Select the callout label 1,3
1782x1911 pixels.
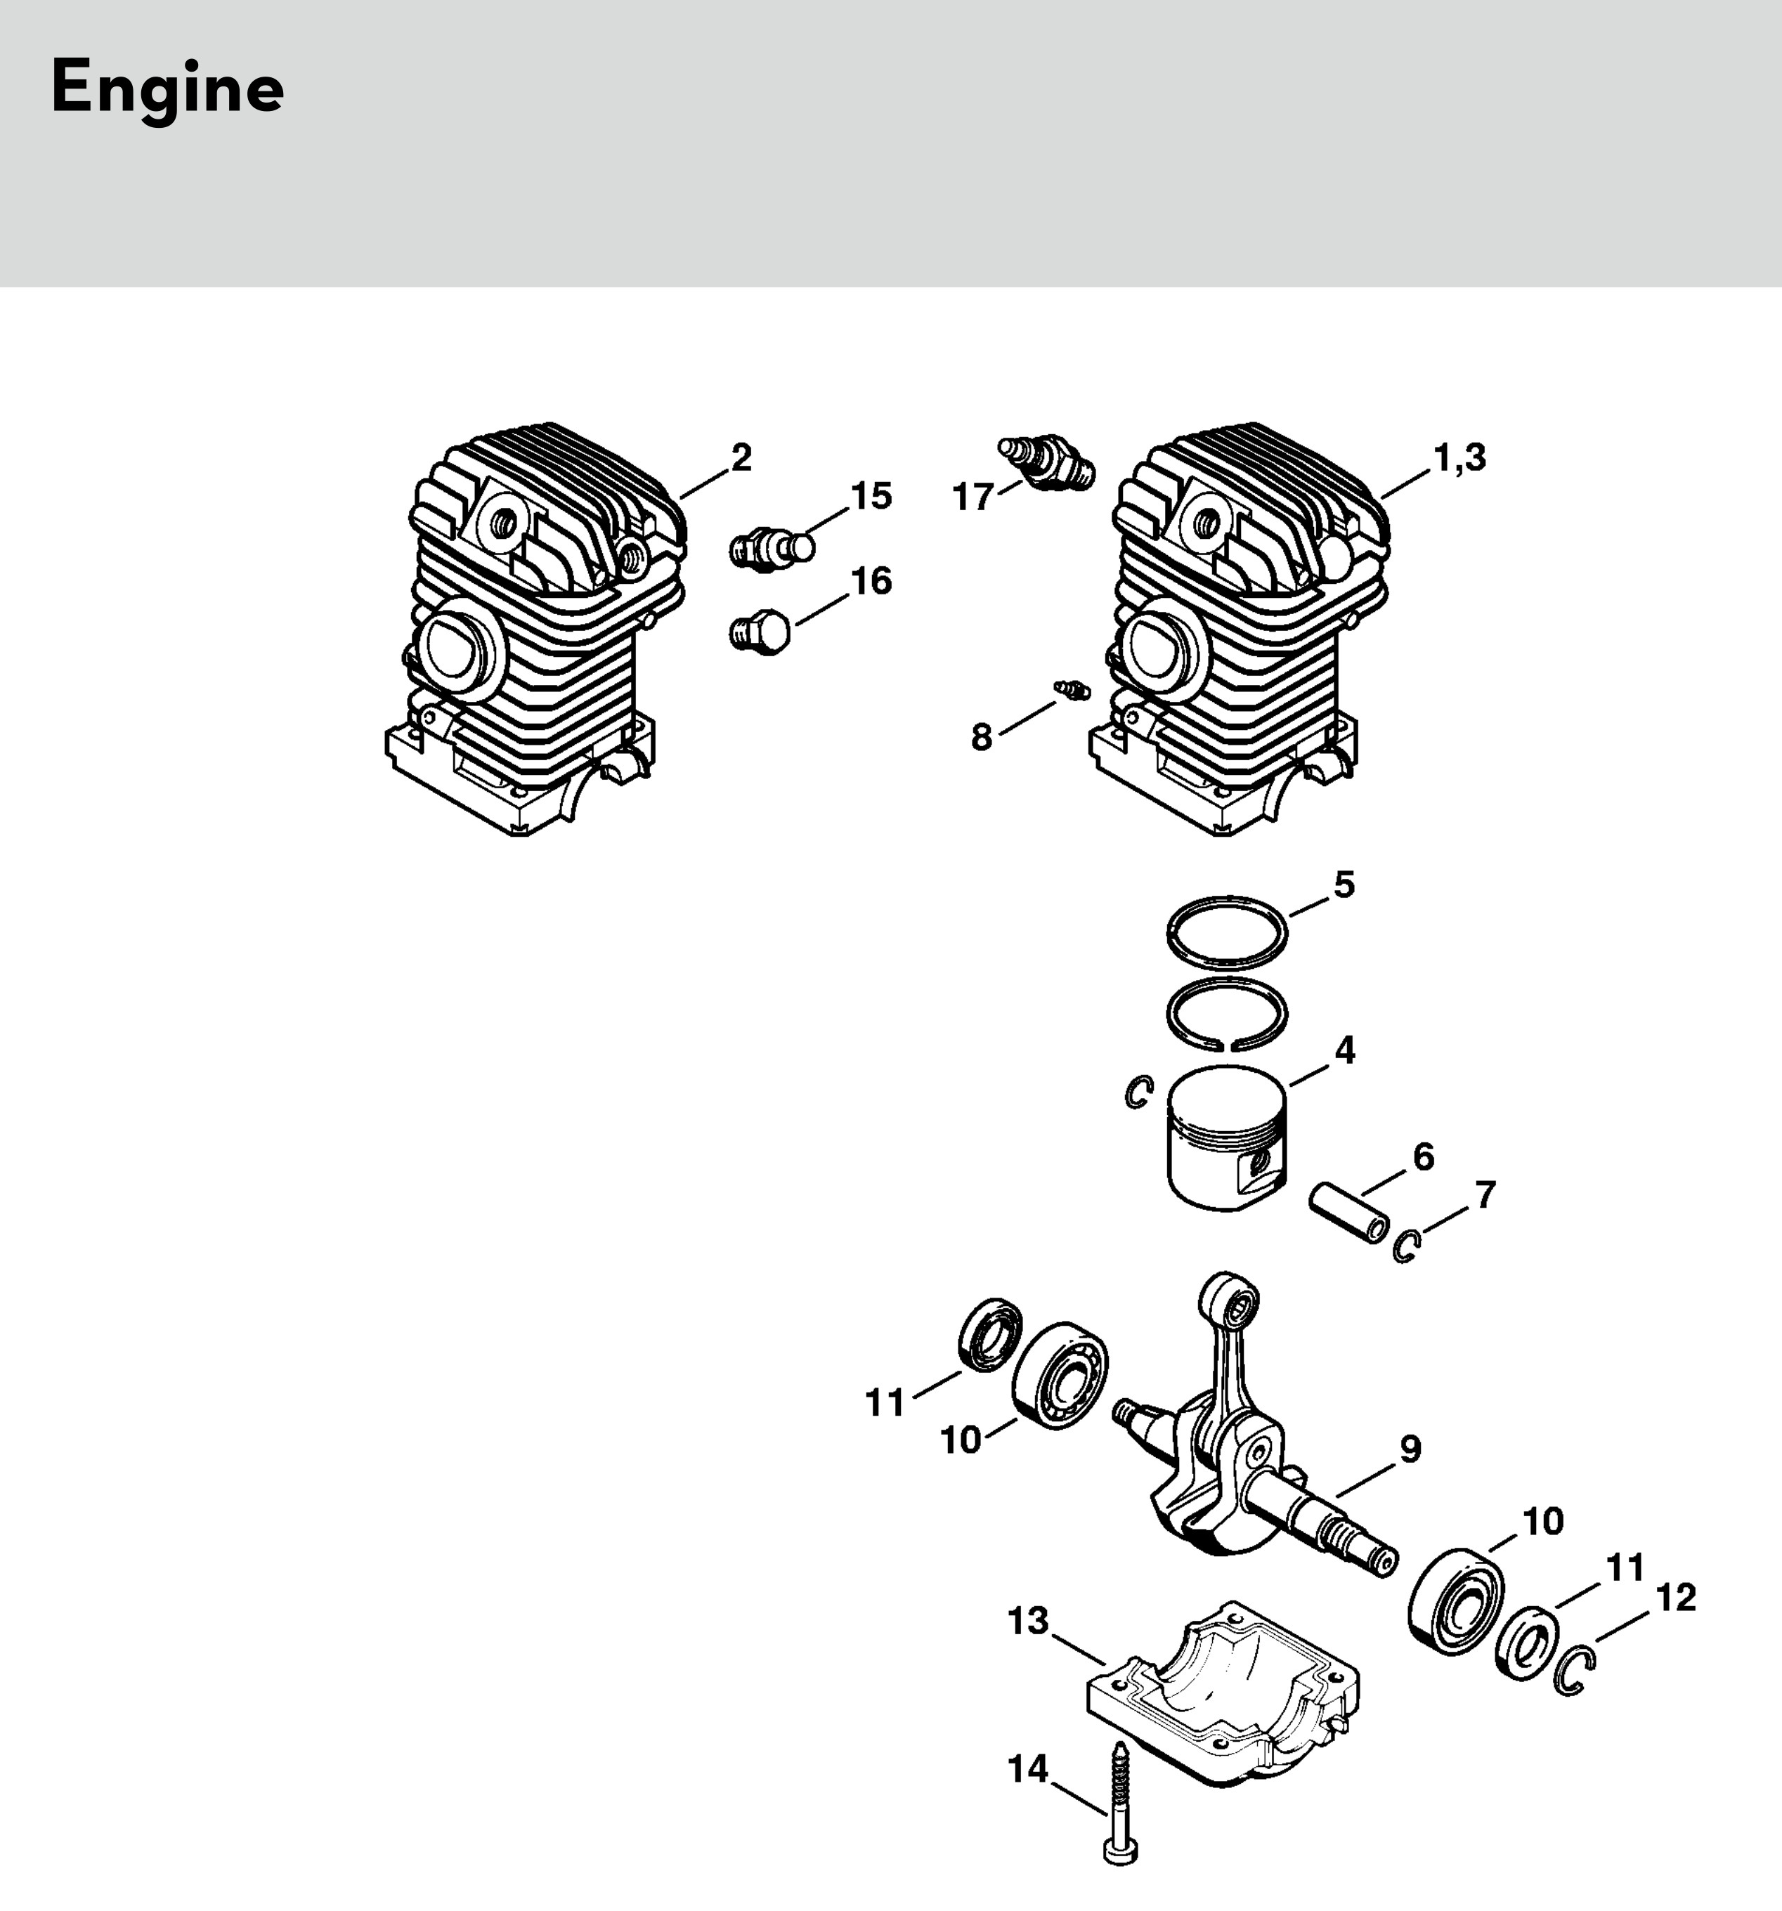click(1459, 457)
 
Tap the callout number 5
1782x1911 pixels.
click(1344, 885)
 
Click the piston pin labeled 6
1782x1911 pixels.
click(1351, 1216)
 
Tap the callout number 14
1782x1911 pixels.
click(1027, 1768)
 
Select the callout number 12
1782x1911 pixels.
click(1677, 1598)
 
